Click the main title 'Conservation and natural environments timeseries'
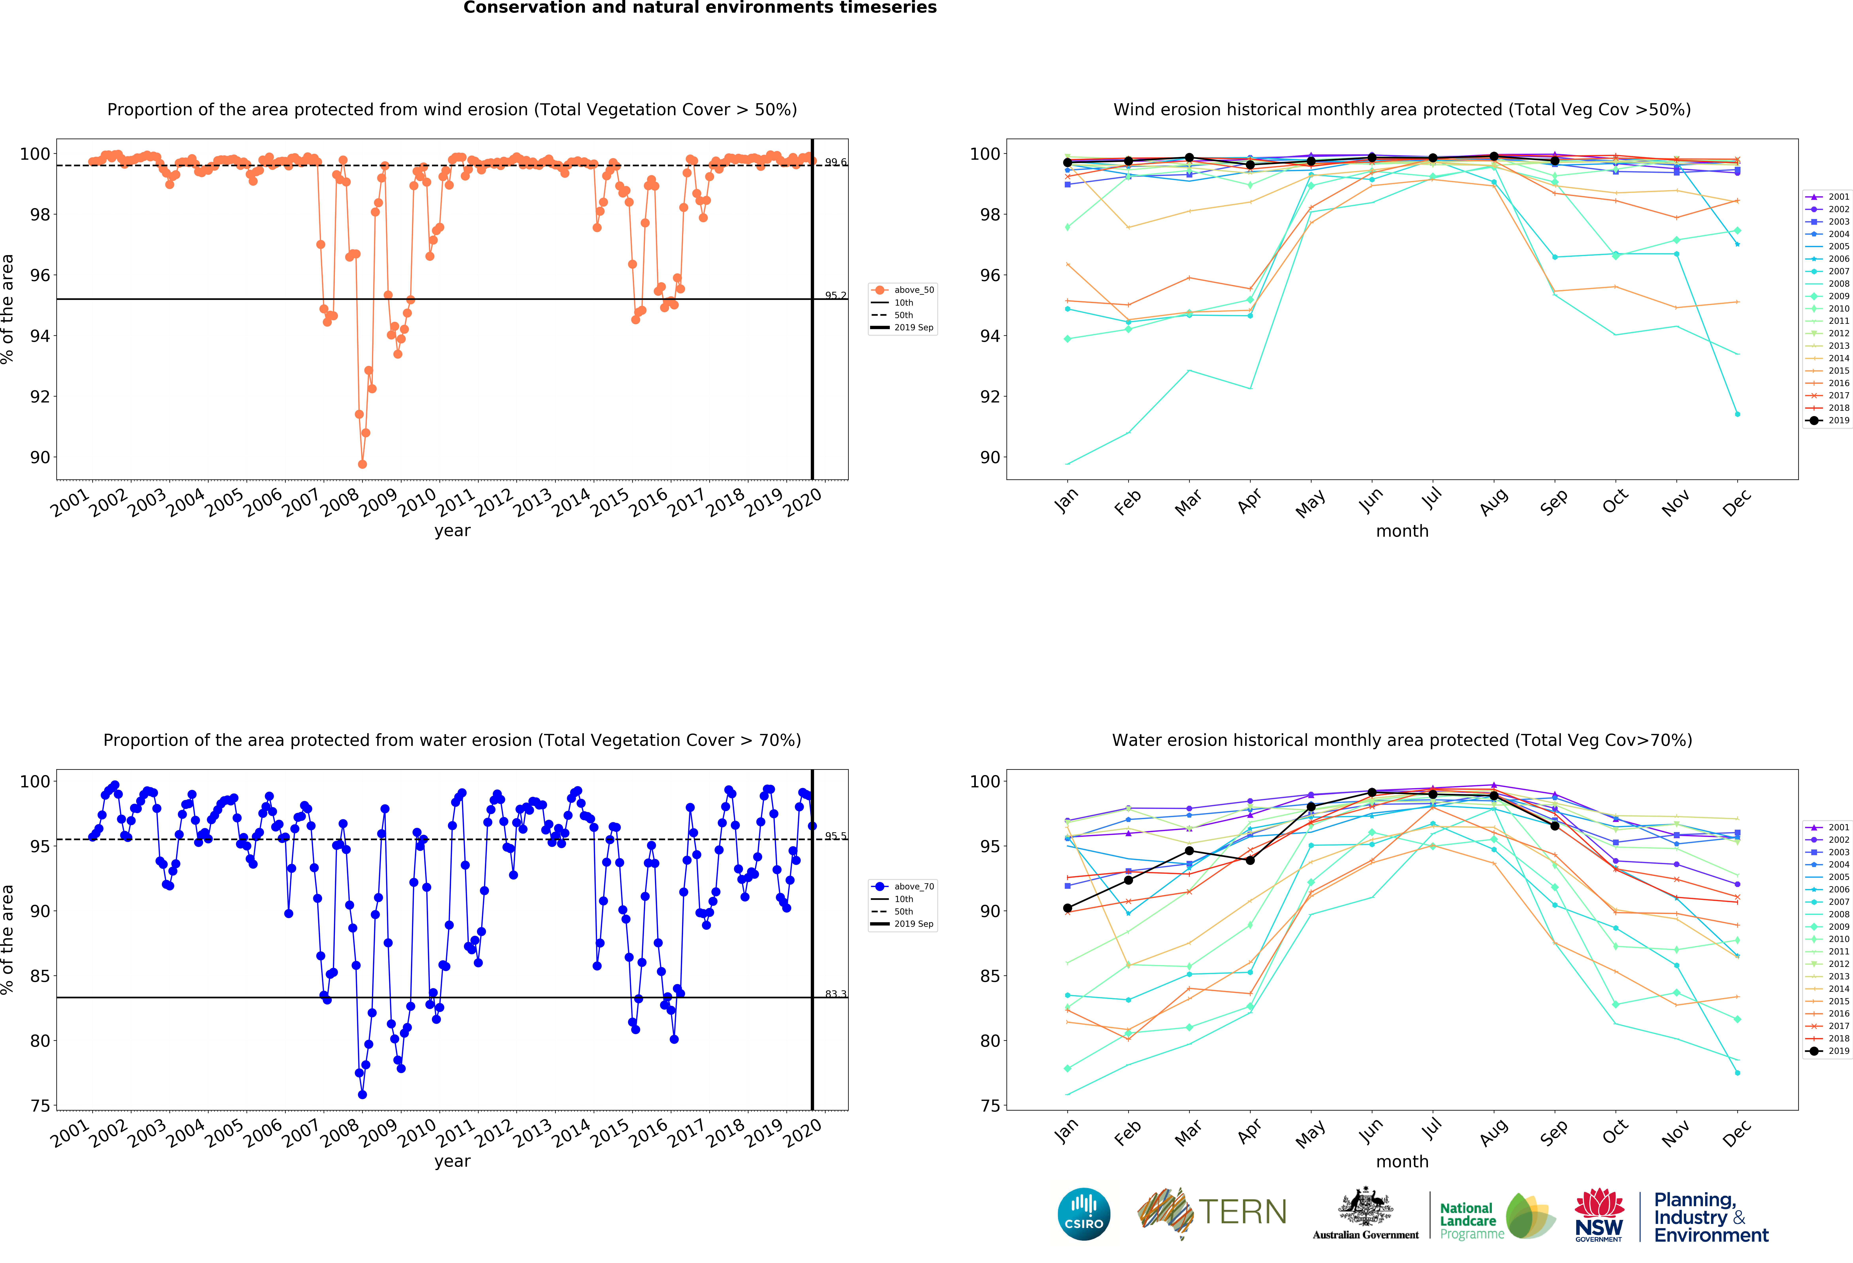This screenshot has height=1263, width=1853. (700, 8)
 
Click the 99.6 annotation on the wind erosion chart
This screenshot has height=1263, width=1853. (835, 163)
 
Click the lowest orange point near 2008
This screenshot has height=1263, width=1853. (362, 464)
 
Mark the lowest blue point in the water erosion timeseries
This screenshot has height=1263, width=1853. (362, 1095)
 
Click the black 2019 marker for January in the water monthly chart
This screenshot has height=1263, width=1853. (1068, 908)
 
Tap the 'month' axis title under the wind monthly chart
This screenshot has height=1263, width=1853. (1402, 531)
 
